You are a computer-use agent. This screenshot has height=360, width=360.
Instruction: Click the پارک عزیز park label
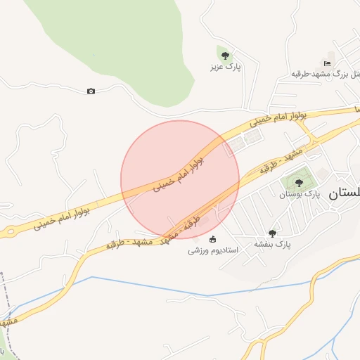pyautogui.click(x=224, y=67)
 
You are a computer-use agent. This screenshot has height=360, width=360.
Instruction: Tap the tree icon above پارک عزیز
pyautogui.click(x=225, y=56)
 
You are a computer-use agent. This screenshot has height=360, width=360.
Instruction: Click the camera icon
pyautogui.click(x=91, y=91)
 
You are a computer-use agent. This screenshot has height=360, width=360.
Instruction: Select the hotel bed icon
pyautogui.click(x=327, y=63)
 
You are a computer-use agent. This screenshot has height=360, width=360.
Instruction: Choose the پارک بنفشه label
pyautogui.click(x=273, y=244)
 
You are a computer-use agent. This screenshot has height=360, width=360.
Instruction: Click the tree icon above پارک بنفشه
pyautogui.click(x=273, y=233)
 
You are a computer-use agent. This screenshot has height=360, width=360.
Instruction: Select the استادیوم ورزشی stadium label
pyautogui.click(x=213, y=250)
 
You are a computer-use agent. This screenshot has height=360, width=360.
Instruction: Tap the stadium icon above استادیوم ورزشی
pyautogui.click(x=213, y=238)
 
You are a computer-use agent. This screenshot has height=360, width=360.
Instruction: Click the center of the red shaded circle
pyautogui.click(x=180, y=179)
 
